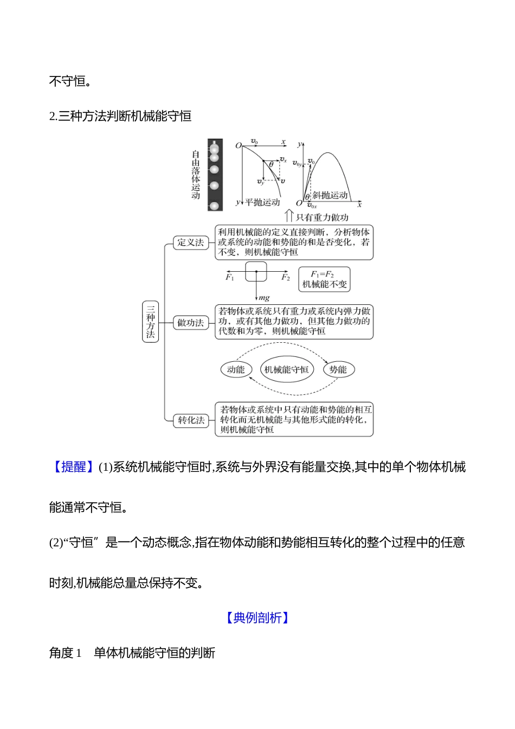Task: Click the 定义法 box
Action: tap(190, 242)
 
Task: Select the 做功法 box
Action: tap(190, 323)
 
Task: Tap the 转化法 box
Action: tap(191, 420)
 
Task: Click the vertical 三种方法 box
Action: tap(150, 322)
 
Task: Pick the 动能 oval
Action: tap(236, 370)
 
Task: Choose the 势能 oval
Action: tap(338, 370)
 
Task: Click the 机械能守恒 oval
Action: tap(286, 370)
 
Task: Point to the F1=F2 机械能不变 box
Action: tap(324, 279)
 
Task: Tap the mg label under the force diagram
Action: tap(264, 298)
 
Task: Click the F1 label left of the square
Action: tap(230, 278)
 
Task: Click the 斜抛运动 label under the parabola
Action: tap(330, 195)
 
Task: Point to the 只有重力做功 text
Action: tap(322, 218)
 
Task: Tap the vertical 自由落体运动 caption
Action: tap(196, 175)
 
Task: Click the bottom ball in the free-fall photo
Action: tap(215, 206)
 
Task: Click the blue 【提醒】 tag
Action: tap(73, 467)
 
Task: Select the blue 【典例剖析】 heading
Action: tap(257, 618)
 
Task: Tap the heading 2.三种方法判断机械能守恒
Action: tap(120, 116)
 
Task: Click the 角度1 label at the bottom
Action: tap(65, 653)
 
